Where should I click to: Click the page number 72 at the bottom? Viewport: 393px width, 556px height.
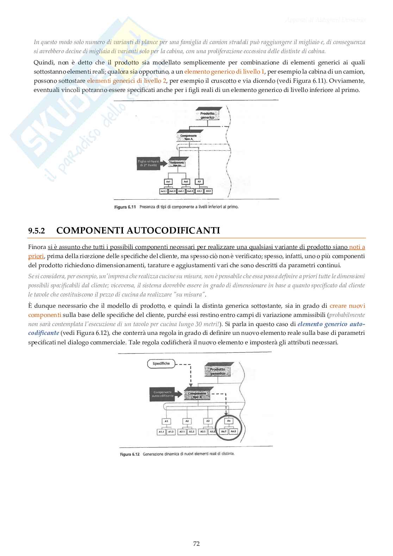coord(196,544)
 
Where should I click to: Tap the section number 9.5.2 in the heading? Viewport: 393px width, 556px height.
coord(37,231)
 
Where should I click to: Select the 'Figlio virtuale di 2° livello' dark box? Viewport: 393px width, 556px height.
coord(148,163)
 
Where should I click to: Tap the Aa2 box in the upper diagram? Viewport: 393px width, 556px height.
coord(186,182)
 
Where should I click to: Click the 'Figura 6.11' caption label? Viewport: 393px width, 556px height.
coord(125,207)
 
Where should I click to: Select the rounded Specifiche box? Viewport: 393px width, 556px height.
coord(161,363)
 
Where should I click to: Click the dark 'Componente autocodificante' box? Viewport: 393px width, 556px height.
coord(162,394)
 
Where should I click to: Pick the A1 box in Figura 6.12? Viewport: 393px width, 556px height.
coord(166,421)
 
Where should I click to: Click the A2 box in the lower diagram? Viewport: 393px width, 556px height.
coord(187,421)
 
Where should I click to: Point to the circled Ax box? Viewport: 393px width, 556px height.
coord(229,421)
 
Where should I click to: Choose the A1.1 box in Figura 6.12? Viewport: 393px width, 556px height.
coord(161,431)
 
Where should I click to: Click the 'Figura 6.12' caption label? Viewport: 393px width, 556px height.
coord(130,454)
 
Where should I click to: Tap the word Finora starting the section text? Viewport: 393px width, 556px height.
coord(37,247)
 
